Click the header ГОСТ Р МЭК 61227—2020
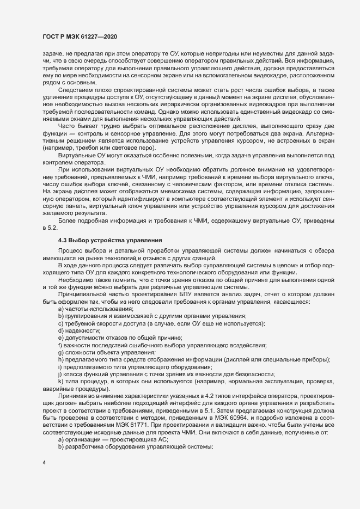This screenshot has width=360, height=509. point(80,36)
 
